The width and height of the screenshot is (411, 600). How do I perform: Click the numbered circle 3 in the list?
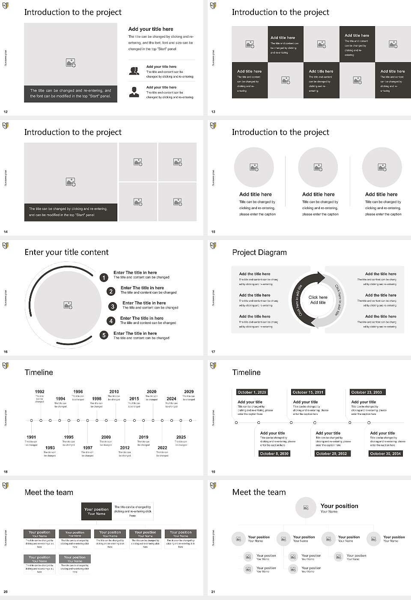(113, 306)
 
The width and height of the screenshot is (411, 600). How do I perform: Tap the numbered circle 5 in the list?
(104, 335)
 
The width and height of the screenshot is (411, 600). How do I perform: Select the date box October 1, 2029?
(252, 392)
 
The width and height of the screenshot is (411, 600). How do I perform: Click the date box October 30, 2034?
(385, 453)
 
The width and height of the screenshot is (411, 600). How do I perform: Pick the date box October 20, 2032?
(331, 453)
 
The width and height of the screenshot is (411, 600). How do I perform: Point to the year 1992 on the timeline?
(40, 392)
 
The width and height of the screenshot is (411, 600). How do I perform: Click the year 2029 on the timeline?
(189, 392)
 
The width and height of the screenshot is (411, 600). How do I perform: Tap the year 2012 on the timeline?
(125, 448)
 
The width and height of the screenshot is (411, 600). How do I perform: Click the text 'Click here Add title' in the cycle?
(318, 300)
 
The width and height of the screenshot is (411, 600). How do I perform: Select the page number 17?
(213, 352)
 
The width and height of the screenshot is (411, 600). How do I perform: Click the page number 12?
(6, 112)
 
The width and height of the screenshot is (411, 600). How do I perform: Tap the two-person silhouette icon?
(134, 71)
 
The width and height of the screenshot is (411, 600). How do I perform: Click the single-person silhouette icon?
(134, 92)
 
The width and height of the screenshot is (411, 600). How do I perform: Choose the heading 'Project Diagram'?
(259, 252)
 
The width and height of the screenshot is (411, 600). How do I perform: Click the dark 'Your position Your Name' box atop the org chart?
(96, 511)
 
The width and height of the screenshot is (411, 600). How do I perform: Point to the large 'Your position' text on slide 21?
(339, 506)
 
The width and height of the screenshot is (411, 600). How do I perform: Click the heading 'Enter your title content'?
(66, 252)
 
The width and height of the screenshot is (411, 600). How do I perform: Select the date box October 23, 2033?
(366, 392)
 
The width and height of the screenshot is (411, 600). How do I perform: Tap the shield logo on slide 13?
(213, 6)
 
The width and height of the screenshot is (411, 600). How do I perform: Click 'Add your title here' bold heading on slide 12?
(151, 29)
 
